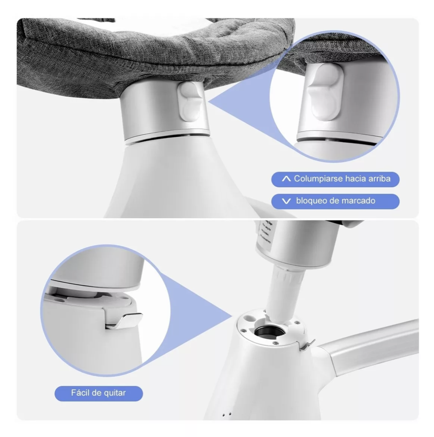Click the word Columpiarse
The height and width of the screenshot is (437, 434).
click(313, 179)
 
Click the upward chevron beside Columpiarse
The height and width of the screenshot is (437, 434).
click(286, 179)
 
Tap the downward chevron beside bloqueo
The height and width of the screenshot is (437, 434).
click(286, 201)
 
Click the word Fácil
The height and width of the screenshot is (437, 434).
click(79, 393)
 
